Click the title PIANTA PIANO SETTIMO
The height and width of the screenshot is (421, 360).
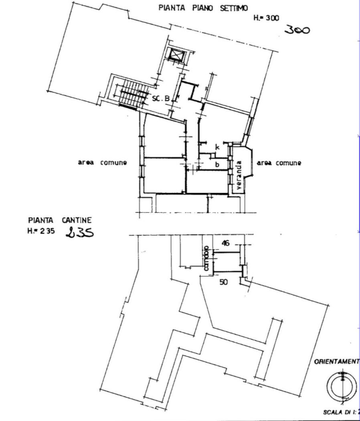click(203, 8)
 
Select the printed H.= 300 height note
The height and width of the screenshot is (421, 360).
click(266, 19)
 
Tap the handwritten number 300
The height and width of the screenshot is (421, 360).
click(296, 31)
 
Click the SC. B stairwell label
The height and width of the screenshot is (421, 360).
click(161, 99)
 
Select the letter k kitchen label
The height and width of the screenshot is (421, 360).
click(217, 146)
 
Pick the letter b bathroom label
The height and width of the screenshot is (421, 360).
click(217, 165)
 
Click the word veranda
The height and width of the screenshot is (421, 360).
click(239, 175)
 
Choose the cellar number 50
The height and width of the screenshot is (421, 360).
click(223, 282)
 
